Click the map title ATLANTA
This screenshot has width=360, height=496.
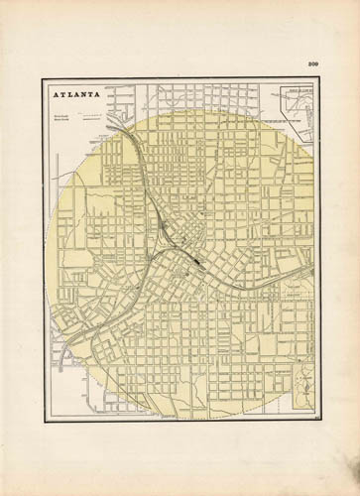coord(72,96)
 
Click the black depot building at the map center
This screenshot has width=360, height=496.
coord(198,258)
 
